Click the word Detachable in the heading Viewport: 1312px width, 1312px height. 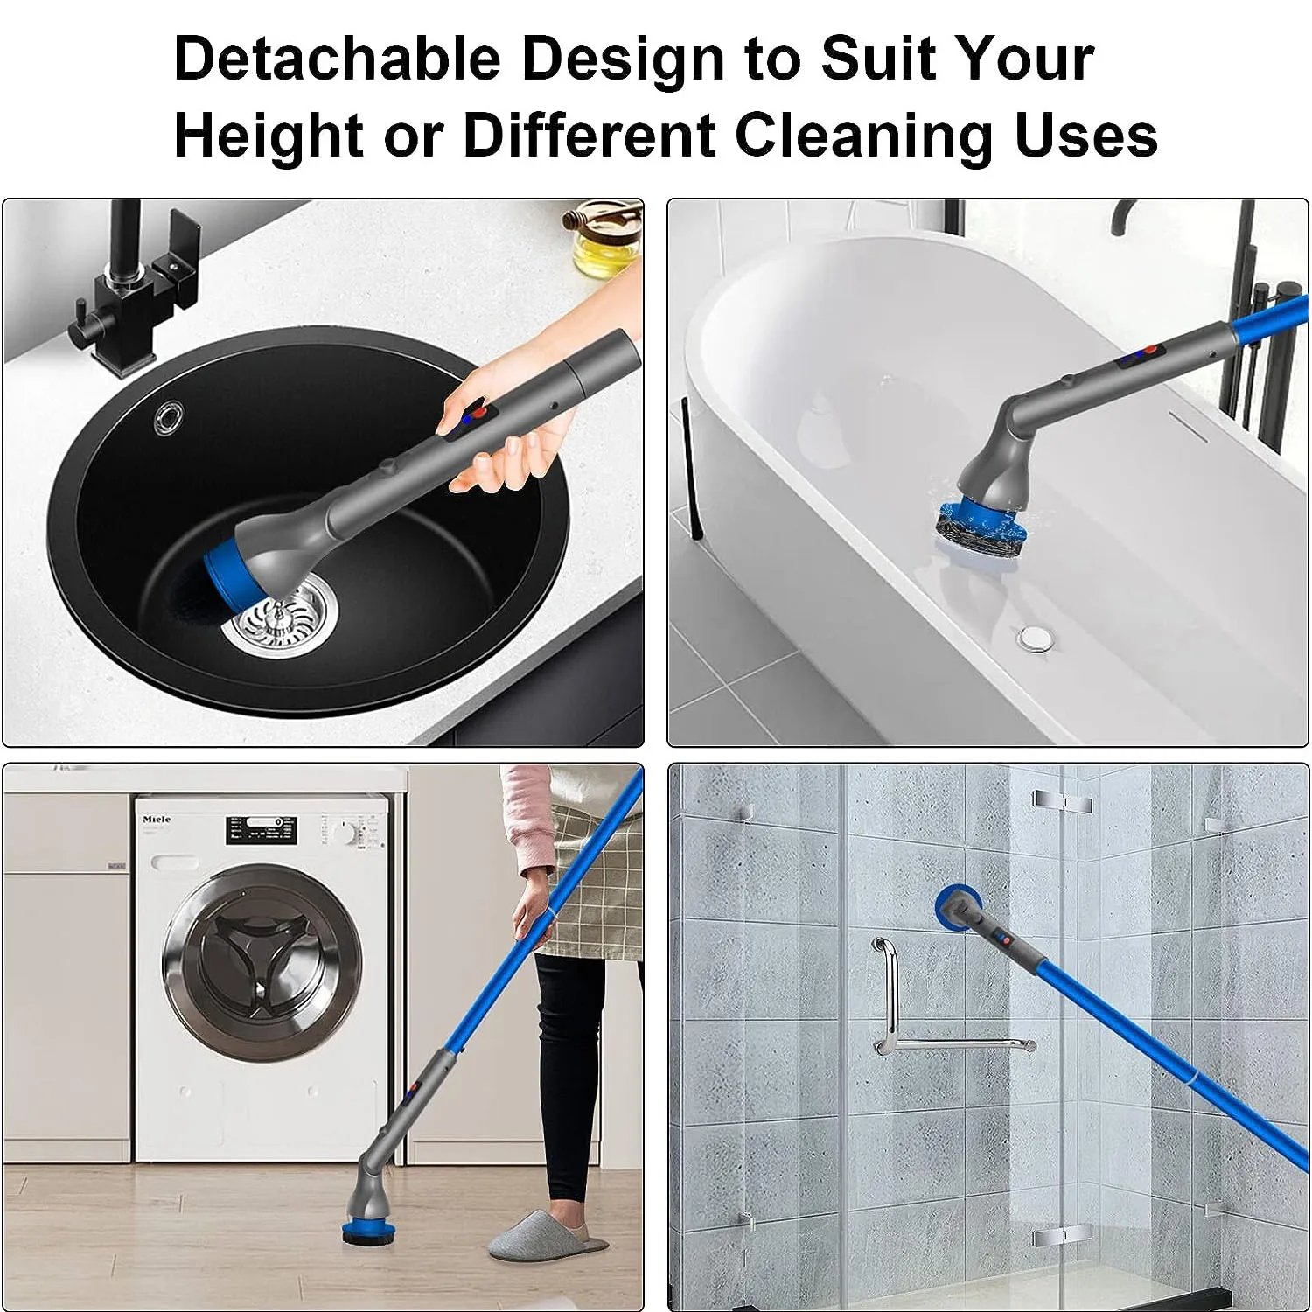pyautogui.click(x=338, y=59)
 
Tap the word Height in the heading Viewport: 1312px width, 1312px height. pyautogui.click(x=269, y=136)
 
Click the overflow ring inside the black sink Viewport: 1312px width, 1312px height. pyautogui.click(x=168, y=417)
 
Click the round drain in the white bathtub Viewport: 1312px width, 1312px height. pyautogui.click(x=1036, y=637)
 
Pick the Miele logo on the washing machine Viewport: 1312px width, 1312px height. pyautogui.click(x=157, y=820)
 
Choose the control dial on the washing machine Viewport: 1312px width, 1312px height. pyautogui.click(x=347, y=830)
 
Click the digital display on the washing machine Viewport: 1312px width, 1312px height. pyautogui.click(x=262, y=830)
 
